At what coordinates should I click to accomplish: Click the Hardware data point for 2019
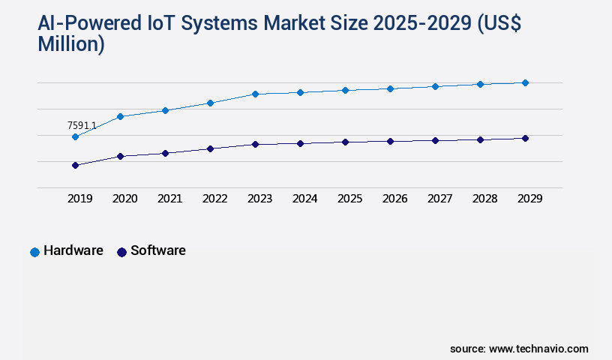click(x=75, y=136)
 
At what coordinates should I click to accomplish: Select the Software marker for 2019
click(x=75, y=165)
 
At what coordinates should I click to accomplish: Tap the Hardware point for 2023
click(x=255, y=94)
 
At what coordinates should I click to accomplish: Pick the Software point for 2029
click(x=525, y=138)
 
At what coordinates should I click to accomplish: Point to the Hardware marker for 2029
click(x=525, y=82)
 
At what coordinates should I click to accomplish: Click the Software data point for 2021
click(x=165, y=153)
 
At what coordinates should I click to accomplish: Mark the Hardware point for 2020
click(x=120, y=116)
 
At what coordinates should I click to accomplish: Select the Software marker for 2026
click(x=390, y=141)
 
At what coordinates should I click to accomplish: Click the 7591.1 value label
click(x=82, y=125)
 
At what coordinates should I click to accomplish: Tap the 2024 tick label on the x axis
click(x=304, y=199)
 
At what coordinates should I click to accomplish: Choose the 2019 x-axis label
click(x=79, y=199)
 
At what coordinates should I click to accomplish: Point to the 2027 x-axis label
click(x=439, y=199)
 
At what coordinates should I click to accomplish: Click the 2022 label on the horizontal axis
click(x=214, y=199)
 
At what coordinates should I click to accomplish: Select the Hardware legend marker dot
click(x=34, y=252)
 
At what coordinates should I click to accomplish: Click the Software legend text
click(x=157, y=250)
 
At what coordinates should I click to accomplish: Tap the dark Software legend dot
click(x=121, y=252)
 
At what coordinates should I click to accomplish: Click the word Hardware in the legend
click(x=73, y=250)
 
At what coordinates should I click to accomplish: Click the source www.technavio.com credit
click(x=519, y=349)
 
